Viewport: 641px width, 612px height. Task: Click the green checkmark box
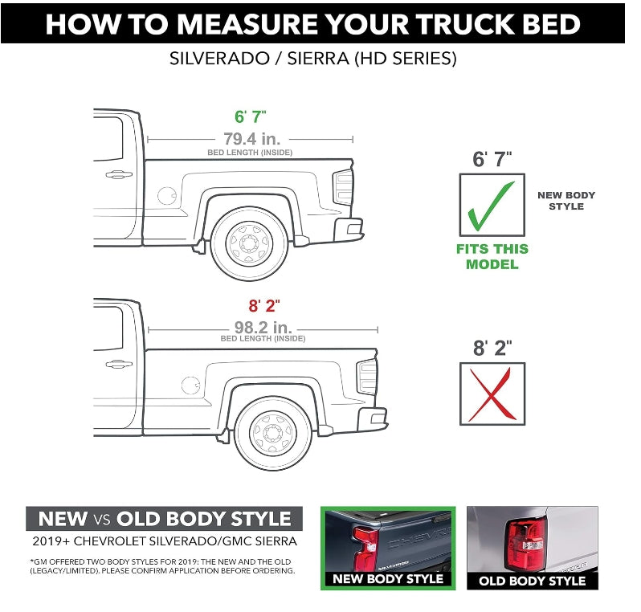click(492, 206)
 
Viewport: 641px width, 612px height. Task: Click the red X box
click(492, 394)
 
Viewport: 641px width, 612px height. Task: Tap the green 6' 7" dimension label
click(251, 117)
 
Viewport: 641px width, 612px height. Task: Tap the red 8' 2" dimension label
click(263, 305)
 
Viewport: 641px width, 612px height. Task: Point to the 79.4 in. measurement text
click(251, 138)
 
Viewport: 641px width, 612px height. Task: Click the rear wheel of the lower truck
click(273, 432)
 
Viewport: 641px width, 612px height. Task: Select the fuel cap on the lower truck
click(190, 385)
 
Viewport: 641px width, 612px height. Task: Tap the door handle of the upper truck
click(118, 174)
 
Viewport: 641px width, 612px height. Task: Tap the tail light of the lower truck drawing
click(366, 376)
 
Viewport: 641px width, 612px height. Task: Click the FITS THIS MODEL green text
click(492, 256)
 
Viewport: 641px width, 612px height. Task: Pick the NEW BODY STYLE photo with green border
click(387, 548)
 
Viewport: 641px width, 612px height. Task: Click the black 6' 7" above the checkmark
click(492, 159)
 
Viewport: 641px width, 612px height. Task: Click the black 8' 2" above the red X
click(492, 349)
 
